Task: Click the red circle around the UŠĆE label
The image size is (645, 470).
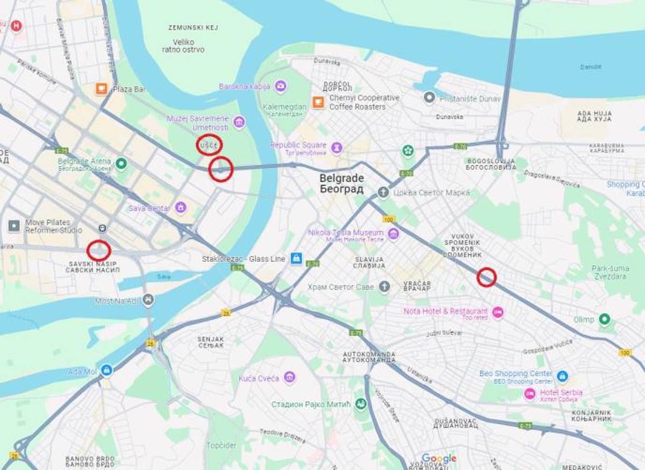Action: pos(209,145)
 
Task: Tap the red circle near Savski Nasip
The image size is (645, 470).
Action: pos(99,251)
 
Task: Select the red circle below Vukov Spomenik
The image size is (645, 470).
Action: pos(486,277)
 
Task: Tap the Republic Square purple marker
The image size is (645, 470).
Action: pos(336,147)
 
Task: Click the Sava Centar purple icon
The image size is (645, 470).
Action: pos(181,208)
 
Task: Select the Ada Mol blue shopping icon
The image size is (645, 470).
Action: pos(106,371)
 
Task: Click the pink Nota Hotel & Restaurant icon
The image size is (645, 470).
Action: pos(498,312)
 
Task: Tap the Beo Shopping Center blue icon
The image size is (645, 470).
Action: pos(562,375)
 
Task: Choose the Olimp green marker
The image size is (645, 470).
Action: pos(605,319)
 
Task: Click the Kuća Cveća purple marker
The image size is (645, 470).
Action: pos(290,378)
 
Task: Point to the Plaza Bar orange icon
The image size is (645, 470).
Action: pos(102,89)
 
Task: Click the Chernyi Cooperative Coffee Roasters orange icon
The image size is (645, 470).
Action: pos(318,102)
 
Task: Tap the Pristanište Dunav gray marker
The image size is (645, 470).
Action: pos(429,98)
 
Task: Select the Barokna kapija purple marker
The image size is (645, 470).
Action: pos(280,86)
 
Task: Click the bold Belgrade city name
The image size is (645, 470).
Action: pos(341,178)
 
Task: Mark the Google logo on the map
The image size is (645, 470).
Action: pos(439,458)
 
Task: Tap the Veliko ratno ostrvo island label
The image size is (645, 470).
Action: pos(183,46)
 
